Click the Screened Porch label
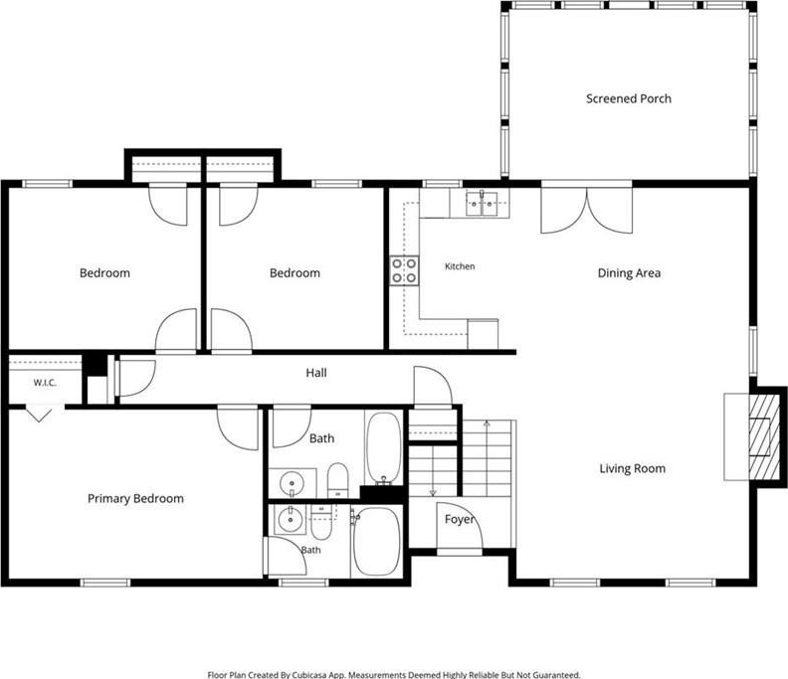pos(628,98)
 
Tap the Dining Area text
pos(629,272)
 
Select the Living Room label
pos(632,468)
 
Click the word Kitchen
pos(460,266)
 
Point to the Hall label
pos(316,373)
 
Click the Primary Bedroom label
pos(135,499)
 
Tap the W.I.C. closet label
pos(45,383)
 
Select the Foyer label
pos(460,519)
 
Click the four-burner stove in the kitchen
pos(405,270)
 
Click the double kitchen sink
pos(482,204)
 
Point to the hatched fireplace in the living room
pos(759,437)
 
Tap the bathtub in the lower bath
pos(377,542)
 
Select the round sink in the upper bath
pos(292,483)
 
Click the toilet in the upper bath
pos(337,480)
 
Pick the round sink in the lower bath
pos(291,520)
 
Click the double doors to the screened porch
pos(586,210)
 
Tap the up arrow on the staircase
pos(487,424)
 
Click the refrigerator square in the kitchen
pos(483,334)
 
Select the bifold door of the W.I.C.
pos(39,415)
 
